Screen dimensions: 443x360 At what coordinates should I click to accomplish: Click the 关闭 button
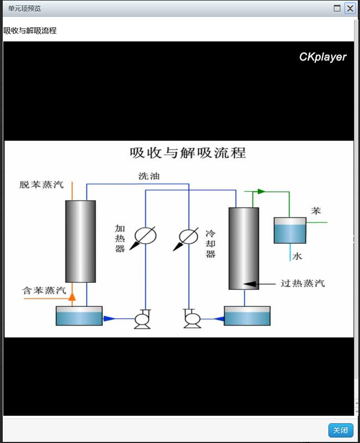click(x=340, y=430)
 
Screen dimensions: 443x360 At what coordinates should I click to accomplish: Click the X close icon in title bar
click(x=350, y=8)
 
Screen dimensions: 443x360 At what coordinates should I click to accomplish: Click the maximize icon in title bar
click(x=337, y=8)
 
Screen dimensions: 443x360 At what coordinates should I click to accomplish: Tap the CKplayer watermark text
click(x=322, y=57)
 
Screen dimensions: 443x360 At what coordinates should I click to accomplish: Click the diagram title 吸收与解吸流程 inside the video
click(x=188, y=153)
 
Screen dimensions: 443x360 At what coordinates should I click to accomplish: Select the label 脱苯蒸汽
click(x=41, y=185)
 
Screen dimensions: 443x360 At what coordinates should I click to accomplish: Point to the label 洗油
click(x=149, y=176)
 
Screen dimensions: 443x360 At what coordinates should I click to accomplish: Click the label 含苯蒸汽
click(x=44, y=290)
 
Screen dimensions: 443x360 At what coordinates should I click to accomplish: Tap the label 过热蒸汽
click(x=302, y=283)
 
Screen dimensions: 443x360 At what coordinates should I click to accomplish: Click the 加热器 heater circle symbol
click(x=145, y=236)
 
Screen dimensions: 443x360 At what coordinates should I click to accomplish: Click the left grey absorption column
click(x=81, y=241)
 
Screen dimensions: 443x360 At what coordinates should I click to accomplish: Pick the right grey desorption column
click(x=243, y=248)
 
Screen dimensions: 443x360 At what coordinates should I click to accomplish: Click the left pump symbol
click(x=143, y=319)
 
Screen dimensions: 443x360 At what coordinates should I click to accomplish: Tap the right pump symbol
click(x=192, y=319)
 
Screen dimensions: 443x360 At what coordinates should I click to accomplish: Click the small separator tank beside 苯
click(x=290, y=230)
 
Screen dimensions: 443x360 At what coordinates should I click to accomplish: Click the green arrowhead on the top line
click(x=261, y=191)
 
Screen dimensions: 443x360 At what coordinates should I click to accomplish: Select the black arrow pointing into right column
click(x=250, y=283)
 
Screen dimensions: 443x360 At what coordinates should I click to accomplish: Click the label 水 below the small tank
click(x=297, y=256)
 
